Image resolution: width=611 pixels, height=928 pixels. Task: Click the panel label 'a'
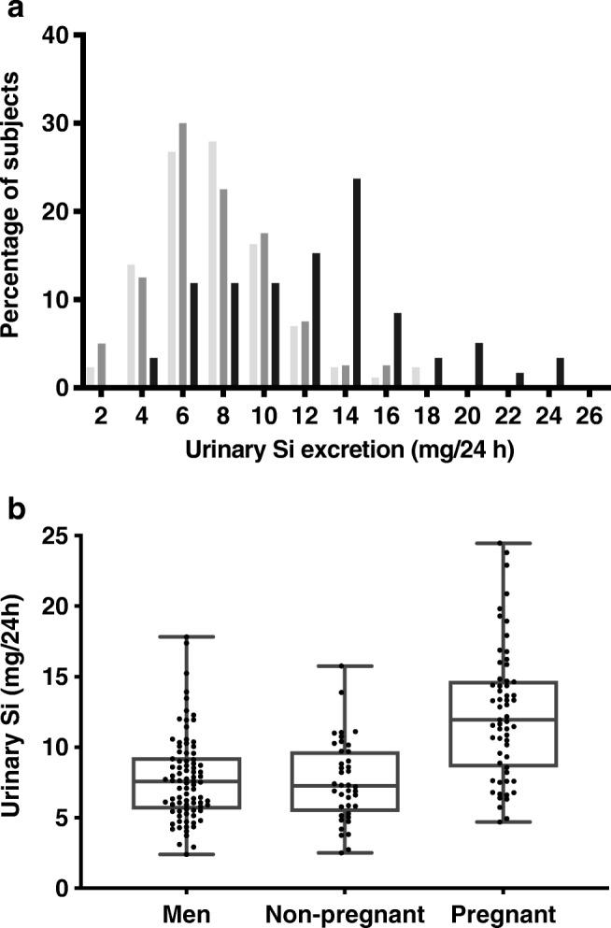(x=12, y=10)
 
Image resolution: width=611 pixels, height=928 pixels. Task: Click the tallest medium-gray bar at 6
(x=183, y=255)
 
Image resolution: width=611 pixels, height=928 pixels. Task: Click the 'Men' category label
(x=187, y=910)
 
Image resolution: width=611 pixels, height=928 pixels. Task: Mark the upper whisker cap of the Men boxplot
(x=187, y=636)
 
